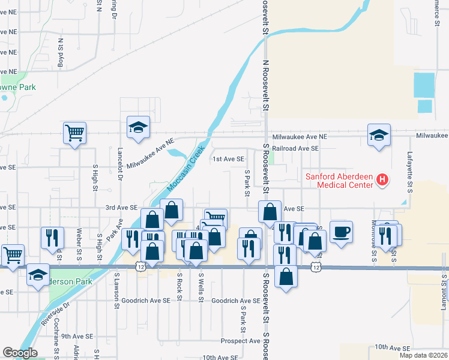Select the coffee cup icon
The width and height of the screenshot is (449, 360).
[x=341, y=232]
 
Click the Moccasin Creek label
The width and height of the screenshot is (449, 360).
[x=187, y=169]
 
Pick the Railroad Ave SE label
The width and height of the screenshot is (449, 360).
[x=295, y=148]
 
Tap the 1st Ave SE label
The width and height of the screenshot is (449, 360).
[x=229, y=159]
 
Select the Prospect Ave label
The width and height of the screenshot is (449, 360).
[x=240, y=341]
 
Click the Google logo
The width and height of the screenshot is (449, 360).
[x=20, y=353]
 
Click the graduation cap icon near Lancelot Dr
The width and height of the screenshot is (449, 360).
[x=138, y=127]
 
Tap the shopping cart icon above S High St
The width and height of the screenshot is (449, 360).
[x=75, y=132]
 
